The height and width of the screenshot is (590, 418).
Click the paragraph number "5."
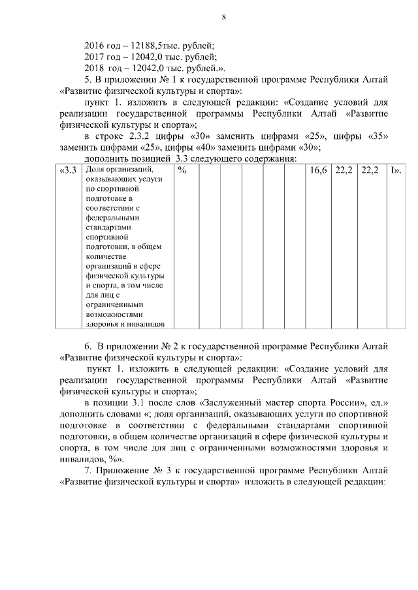[89, 80]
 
